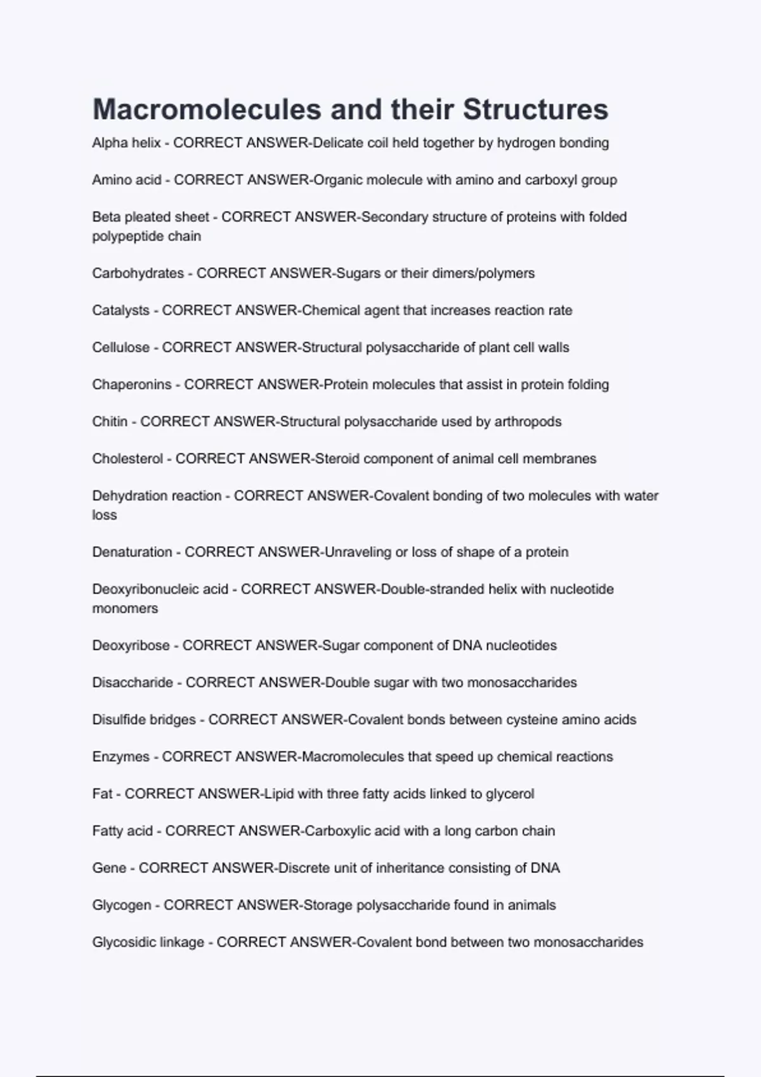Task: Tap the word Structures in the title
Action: click(x=535, y=109)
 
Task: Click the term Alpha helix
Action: click(x=126, y=143)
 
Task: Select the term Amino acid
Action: click(x=127, y=180)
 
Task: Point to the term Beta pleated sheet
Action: click(x=150, y=217)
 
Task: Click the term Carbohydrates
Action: click(x=138, y=274)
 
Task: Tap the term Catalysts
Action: click(x=120, y=310)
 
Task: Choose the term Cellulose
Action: click(x=120, y=348)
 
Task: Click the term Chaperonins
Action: click(x=132, y=385)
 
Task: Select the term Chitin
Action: click(x=110, y=422)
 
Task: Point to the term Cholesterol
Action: click(x=127, y=459)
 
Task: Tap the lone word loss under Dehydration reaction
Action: click(x=104, y=515)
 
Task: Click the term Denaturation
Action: click(x=132, y=552)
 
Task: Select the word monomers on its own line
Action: click(x=125, y=609)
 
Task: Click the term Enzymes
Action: click(x=120, y=757)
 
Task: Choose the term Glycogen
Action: click(x=122, y=905)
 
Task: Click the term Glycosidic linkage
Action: click(x=148, y=943)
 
